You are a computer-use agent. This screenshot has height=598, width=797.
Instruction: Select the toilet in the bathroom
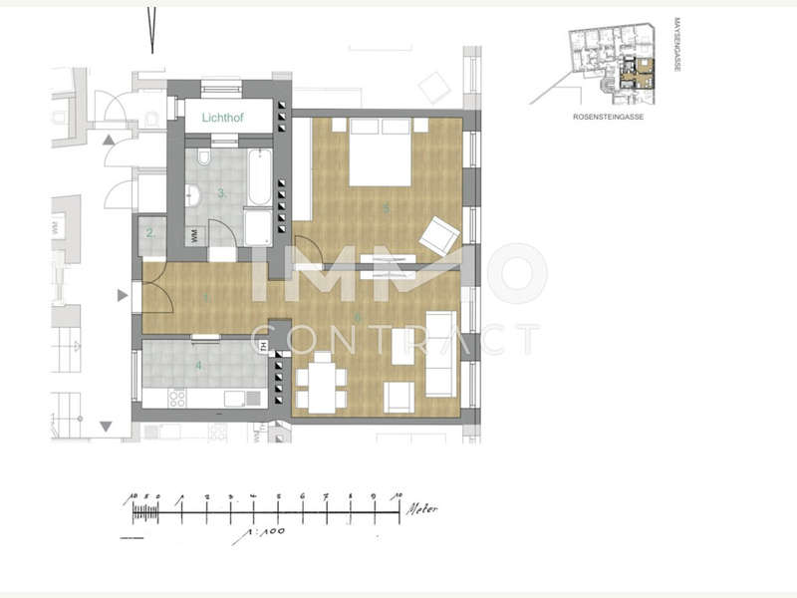pyautogui.click(x=203, y=158)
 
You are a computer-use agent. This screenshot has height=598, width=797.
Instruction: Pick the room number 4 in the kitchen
pyautogui.click(x=198, y=366)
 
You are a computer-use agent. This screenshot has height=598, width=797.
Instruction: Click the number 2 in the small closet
pyautogui.click(x=149, y=234)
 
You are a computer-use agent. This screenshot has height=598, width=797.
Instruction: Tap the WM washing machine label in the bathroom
pyautogui.click(x=192, y=237)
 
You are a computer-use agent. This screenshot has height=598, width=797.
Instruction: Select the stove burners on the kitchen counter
pyautogui.click(x=177, y=398)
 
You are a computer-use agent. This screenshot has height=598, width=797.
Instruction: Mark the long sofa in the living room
pyautogui.click(x=439, y=354)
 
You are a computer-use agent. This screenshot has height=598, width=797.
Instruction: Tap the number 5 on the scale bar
pyautogui.click(x=278, y=495)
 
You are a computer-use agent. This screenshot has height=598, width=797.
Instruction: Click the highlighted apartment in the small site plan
pyautogui.click(x=635, y=75)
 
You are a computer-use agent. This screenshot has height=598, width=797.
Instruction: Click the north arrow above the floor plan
pyautogui.click(x=151, y=30)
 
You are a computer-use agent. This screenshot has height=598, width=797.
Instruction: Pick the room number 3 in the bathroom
pyautogui.click(x=220, y=192)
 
